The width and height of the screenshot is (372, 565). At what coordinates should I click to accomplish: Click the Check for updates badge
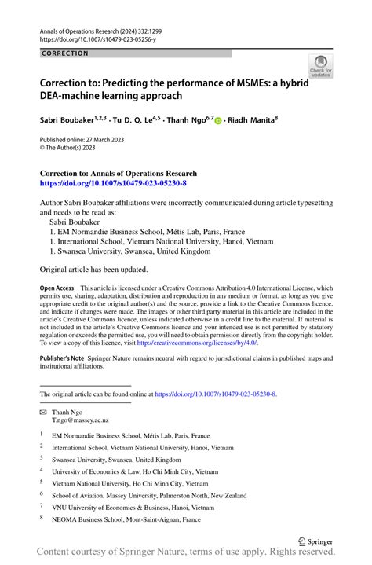(x=320, y=66)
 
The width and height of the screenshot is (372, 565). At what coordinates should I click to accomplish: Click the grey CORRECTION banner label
(x=66, y=53)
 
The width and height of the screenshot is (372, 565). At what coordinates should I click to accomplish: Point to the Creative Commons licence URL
(x=202, y=343)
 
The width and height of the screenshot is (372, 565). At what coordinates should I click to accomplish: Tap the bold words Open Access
(x=58, y=288)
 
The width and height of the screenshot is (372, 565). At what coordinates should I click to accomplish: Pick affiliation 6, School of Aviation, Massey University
(x=148, y=496)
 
